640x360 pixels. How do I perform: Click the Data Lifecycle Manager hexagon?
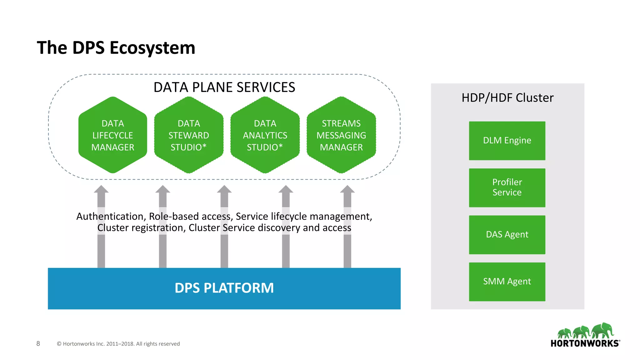[x=112, y=135]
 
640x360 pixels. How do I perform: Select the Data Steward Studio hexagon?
[x=189, y=135]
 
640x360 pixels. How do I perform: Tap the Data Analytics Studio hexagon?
[x=265, y=135]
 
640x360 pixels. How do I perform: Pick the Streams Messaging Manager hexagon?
[x=341, y=135]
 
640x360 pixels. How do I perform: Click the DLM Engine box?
[x=507, y=141]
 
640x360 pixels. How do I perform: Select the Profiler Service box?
[x=507, y=187]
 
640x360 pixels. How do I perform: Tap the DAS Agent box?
[x=507, y=234]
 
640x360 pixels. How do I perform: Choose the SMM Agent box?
[x=507, y=282]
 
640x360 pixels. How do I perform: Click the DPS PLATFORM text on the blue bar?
[x=224, y=288]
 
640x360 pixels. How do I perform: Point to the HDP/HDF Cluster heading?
[x=507, y=98]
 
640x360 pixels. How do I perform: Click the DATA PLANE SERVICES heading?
[x=224, y=87]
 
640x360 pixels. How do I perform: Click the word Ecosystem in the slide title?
[x=152, y=48]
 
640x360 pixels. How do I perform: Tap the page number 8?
[x=38, y=343]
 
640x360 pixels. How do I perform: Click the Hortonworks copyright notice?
[x=118, y=344]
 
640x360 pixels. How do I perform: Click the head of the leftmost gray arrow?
[x=101, y=189]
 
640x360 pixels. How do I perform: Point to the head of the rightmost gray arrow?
[x=347, y=189]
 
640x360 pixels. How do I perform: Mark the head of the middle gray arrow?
[x=224, y=189]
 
